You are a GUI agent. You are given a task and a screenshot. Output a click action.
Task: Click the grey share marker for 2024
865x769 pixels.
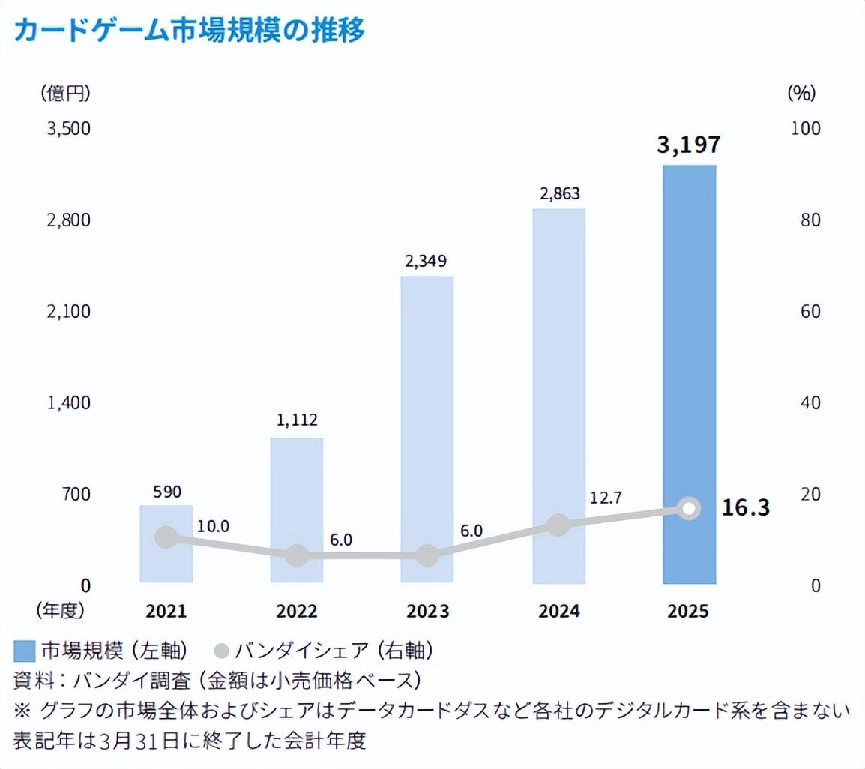(558, 525)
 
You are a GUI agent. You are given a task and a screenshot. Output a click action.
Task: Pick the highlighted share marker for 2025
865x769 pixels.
(690, 509)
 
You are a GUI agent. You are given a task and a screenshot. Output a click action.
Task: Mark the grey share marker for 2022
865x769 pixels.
(297, 555)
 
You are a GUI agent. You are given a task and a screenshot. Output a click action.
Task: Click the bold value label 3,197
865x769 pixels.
(689, 145)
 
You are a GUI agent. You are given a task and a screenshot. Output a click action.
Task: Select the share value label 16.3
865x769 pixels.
(746, 507)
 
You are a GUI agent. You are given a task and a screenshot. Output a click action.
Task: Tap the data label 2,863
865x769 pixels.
(559, 193)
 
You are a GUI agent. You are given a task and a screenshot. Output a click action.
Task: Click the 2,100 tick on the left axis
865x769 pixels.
(68, 311)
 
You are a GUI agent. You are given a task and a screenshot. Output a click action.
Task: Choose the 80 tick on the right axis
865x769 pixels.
(801, 220)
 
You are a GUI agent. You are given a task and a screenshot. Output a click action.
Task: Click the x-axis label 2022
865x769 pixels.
(297, 611)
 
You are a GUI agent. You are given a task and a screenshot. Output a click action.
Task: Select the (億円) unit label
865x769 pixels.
(65, 93)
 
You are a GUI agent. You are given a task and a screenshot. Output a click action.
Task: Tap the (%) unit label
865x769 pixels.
(801, 93)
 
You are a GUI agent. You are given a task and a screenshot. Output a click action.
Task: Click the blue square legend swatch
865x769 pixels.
(25, 649)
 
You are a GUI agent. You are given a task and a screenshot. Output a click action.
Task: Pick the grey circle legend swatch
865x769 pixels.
(221, 649)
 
